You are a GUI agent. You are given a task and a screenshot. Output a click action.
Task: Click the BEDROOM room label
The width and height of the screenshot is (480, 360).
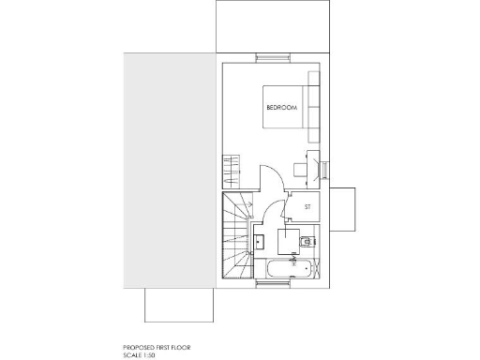[x=281, y=109]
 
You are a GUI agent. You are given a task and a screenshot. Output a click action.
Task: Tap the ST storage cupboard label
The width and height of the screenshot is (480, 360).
[x=307, y=205]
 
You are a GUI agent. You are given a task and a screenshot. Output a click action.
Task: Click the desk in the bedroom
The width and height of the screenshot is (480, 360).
[x=300, y=169]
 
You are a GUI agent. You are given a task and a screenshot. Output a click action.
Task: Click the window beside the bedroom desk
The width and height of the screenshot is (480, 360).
[x=323, y=170]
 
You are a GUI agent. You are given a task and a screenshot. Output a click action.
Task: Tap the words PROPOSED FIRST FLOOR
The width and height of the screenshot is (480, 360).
[x=157, y=347]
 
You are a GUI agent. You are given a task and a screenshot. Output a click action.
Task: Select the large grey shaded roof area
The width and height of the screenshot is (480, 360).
[x=169, y=169]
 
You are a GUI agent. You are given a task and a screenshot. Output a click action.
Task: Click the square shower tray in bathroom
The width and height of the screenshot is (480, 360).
[x=288, y=239]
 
